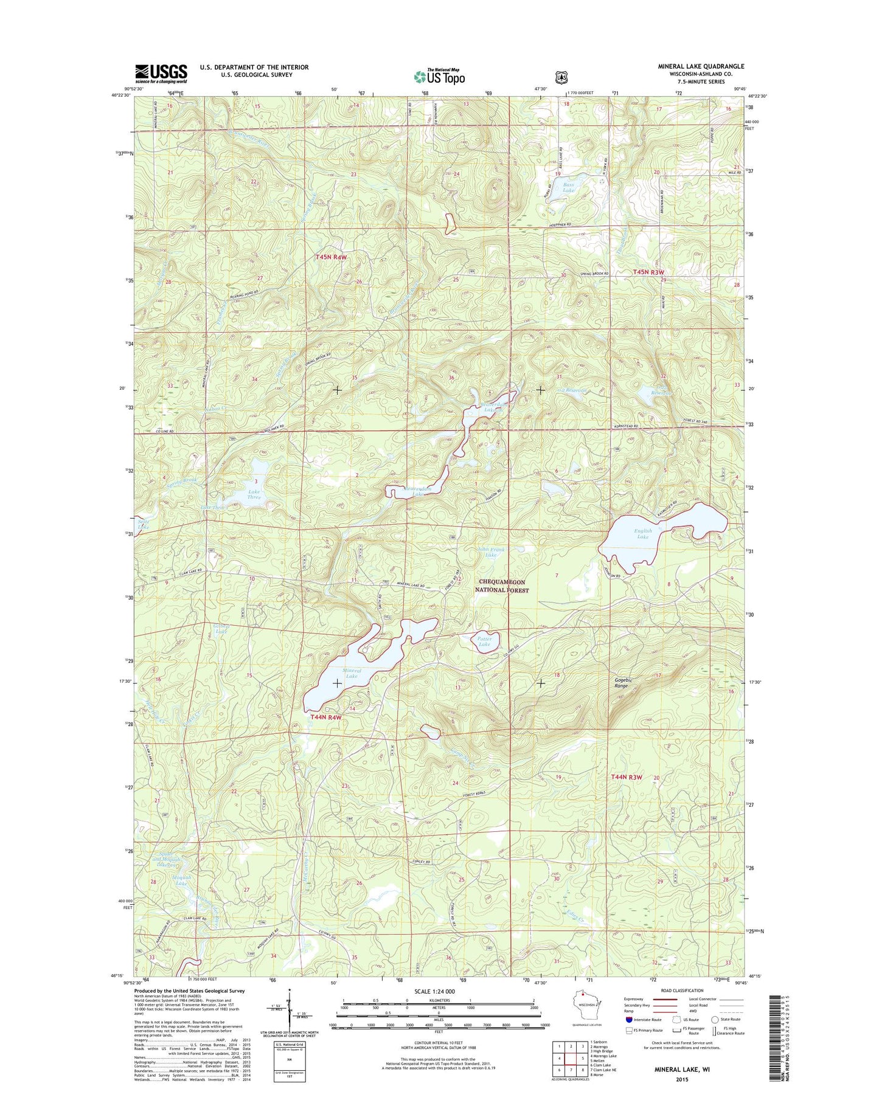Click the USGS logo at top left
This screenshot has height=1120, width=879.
161,74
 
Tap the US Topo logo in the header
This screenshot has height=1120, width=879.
439,77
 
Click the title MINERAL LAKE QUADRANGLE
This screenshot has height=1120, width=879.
700,66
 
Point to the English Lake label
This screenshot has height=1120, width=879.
643,534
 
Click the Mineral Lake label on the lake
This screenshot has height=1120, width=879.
352,673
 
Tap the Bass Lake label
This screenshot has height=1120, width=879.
568,187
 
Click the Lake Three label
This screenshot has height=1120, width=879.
253,494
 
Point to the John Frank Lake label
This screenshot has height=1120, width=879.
491,552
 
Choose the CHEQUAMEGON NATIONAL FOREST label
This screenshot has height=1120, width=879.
502,586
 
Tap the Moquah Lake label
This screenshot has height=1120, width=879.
181,880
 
